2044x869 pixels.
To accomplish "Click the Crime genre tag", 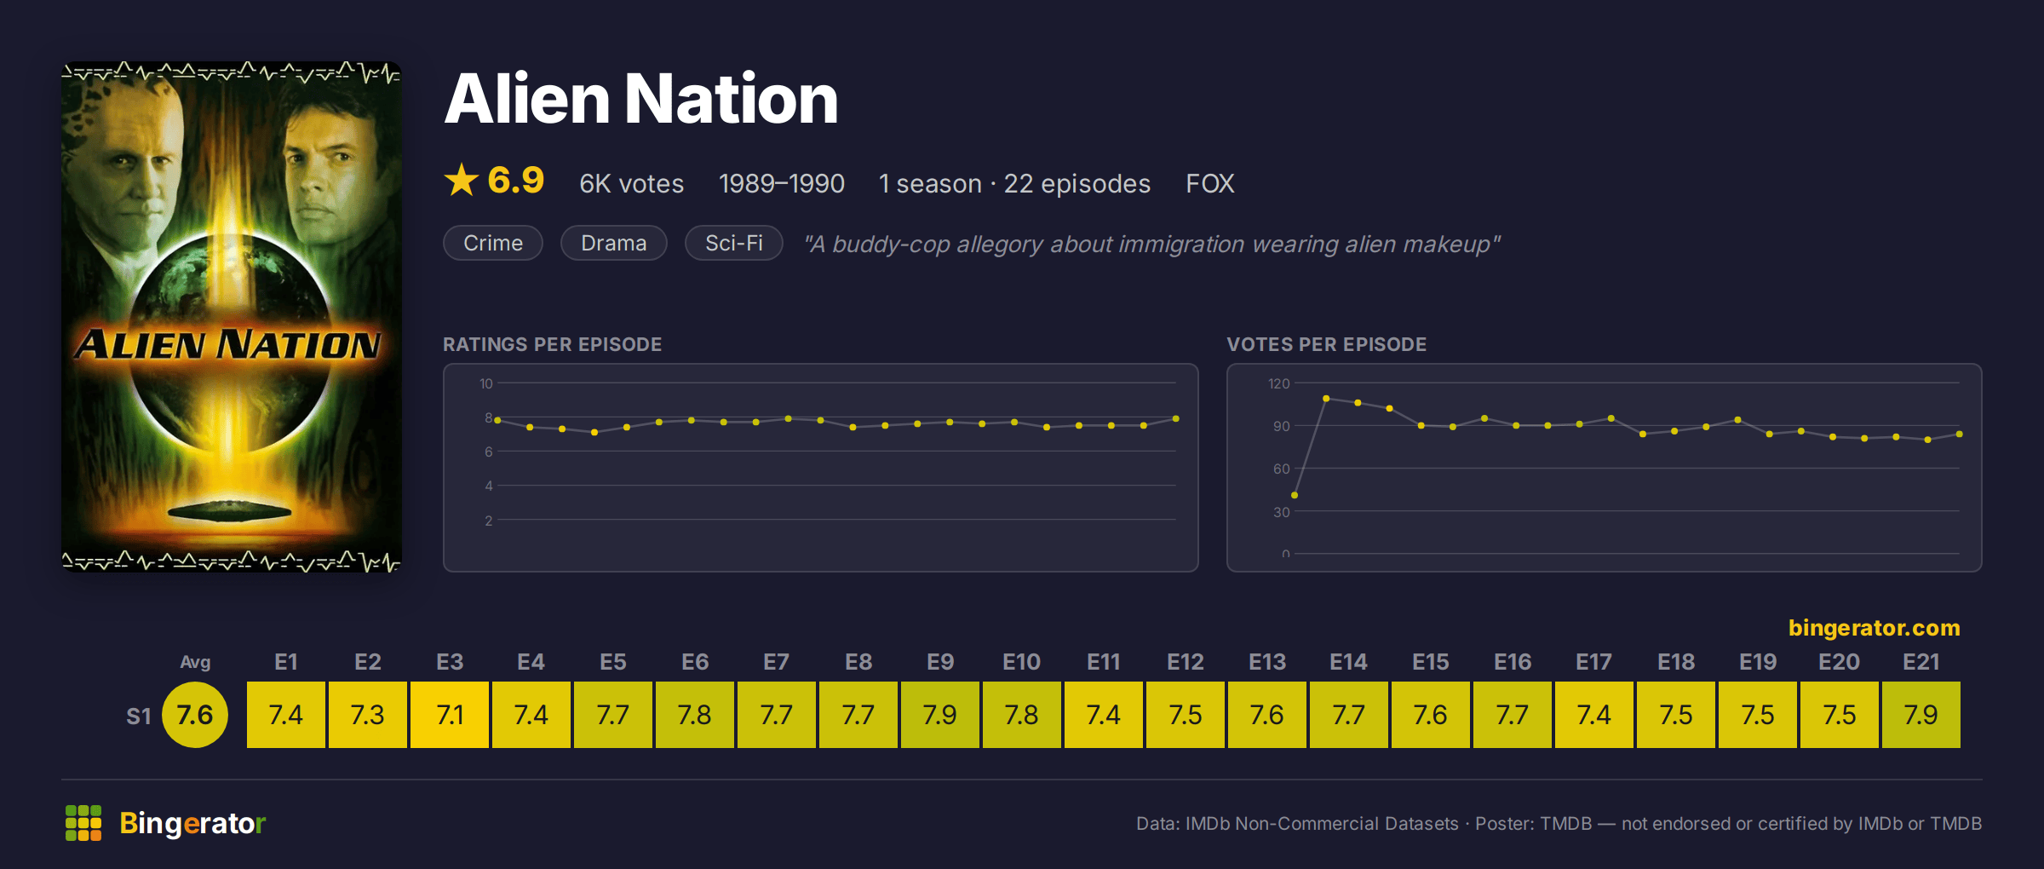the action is point(493,243).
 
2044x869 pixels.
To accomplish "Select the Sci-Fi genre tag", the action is point(734,243).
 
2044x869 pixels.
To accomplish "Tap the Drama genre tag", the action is point(614,243).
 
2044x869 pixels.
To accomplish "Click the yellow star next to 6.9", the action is point(462,181).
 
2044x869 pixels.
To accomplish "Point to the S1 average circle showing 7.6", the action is point(195,715).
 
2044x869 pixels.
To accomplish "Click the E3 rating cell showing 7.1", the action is point(450,715).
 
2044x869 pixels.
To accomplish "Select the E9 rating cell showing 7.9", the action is point(940,715).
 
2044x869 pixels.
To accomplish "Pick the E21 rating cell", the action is point(1921,715).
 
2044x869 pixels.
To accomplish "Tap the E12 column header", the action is point(1186,662).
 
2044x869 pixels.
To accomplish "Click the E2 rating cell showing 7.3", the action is point(368,715).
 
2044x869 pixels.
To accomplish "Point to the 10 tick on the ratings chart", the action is point(486,383).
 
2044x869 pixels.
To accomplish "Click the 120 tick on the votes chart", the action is point(1279,383).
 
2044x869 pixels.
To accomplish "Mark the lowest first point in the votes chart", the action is point(1295,495).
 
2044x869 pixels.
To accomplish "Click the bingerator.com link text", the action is point(1875,628).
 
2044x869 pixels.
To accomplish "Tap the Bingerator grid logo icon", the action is point(83,823).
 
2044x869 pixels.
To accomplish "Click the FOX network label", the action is point(1210,184).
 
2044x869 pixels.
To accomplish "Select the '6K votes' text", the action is point(632,184).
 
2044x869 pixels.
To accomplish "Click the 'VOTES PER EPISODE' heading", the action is point(1327,344).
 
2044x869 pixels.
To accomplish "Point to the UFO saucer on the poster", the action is point(230,511).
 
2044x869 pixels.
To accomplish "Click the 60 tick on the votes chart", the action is point(1282,469).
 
